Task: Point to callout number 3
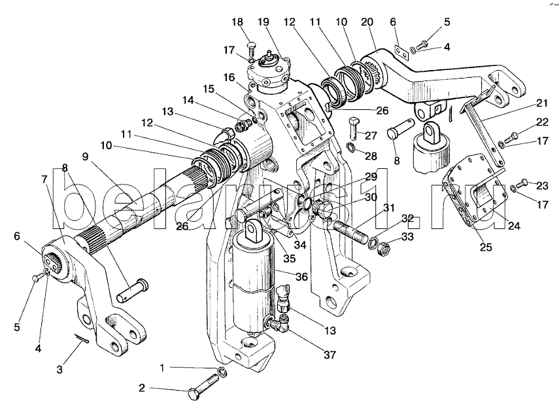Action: (59, 370)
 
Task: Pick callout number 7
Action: (44, 179)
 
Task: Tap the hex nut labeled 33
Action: (385, 248)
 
